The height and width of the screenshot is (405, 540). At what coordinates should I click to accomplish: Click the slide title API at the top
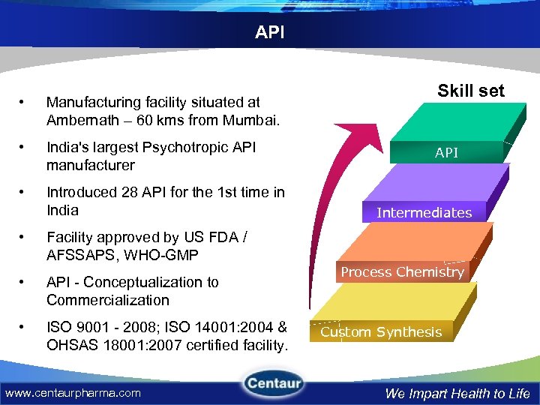269,33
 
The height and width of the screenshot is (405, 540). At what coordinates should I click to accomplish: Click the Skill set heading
471,91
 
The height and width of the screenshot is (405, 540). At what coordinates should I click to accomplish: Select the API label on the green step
446,153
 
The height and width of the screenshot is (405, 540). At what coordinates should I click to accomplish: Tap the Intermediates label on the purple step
424,212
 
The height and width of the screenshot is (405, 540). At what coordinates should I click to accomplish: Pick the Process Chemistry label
402,272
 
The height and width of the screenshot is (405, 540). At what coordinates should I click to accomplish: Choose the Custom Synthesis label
381,332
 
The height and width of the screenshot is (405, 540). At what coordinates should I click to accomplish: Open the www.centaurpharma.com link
73,392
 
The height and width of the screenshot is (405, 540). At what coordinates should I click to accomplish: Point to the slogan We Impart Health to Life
457,393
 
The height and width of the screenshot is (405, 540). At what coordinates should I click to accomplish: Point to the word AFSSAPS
79,255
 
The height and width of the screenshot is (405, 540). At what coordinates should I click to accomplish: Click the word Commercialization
107,300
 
